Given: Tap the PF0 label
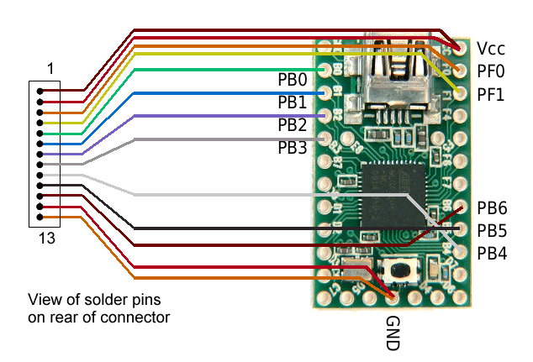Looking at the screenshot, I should [491, 71].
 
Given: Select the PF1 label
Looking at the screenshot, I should [491, 95].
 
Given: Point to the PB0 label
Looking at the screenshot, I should [293, 80].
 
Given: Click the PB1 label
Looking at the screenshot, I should [293, 102].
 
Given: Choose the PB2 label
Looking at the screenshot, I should [293, 125].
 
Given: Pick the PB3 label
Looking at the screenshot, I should [293, 148].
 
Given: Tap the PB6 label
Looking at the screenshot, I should [492, 207].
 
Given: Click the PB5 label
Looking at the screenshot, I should [492, 230].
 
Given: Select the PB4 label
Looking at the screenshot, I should [492, 252].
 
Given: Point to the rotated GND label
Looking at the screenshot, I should [393, 334].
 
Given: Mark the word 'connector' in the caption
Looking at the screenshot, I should [140, 317].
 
